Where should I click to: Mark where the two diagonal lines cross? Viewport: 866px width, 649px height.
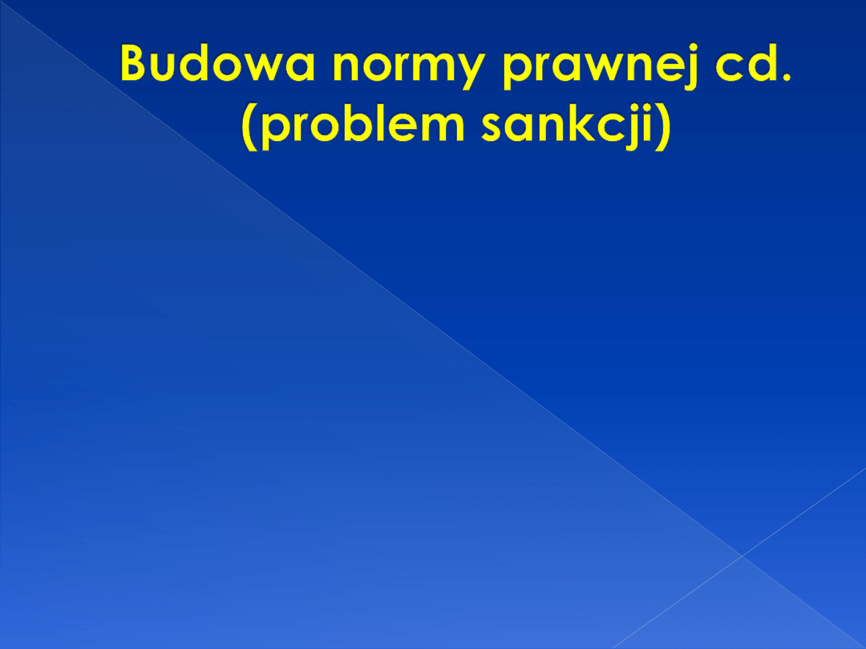[x=743, y=554]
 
